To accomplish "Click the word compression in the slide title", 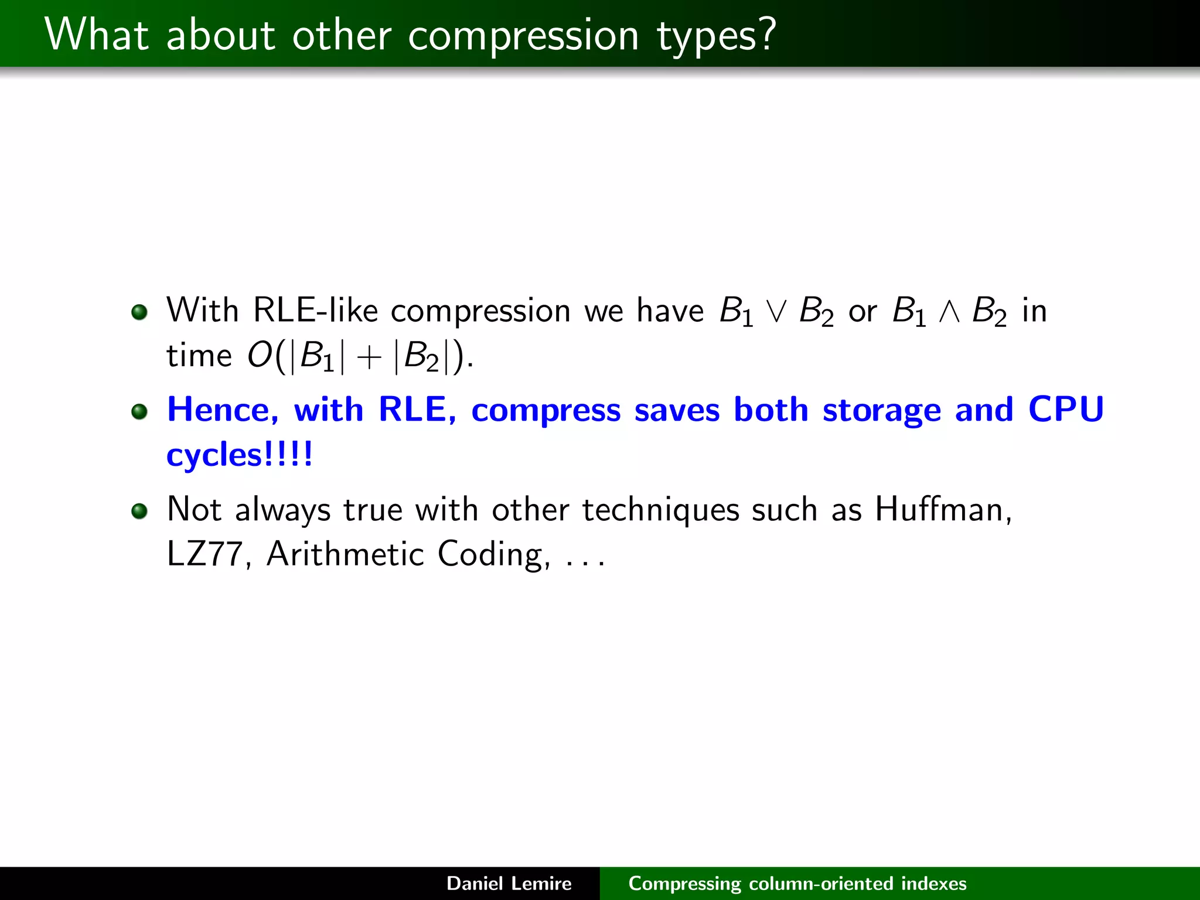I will point(523,36).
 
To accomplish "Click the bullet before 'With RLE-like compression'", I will point(139,312).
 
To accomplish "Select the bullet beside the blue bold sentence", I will point(139,411).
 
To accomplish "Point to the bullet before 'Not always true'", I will point(139,511).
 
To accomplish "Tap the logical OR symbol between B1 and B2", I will point(776,312).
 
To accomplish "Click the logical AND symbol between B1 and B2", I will point(949,312).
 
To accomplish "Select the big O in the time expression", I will point(259,355).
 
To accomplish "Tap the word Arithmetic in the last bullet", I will point(345,554).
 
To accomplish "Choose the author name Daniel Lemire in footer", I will point(509,884).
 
